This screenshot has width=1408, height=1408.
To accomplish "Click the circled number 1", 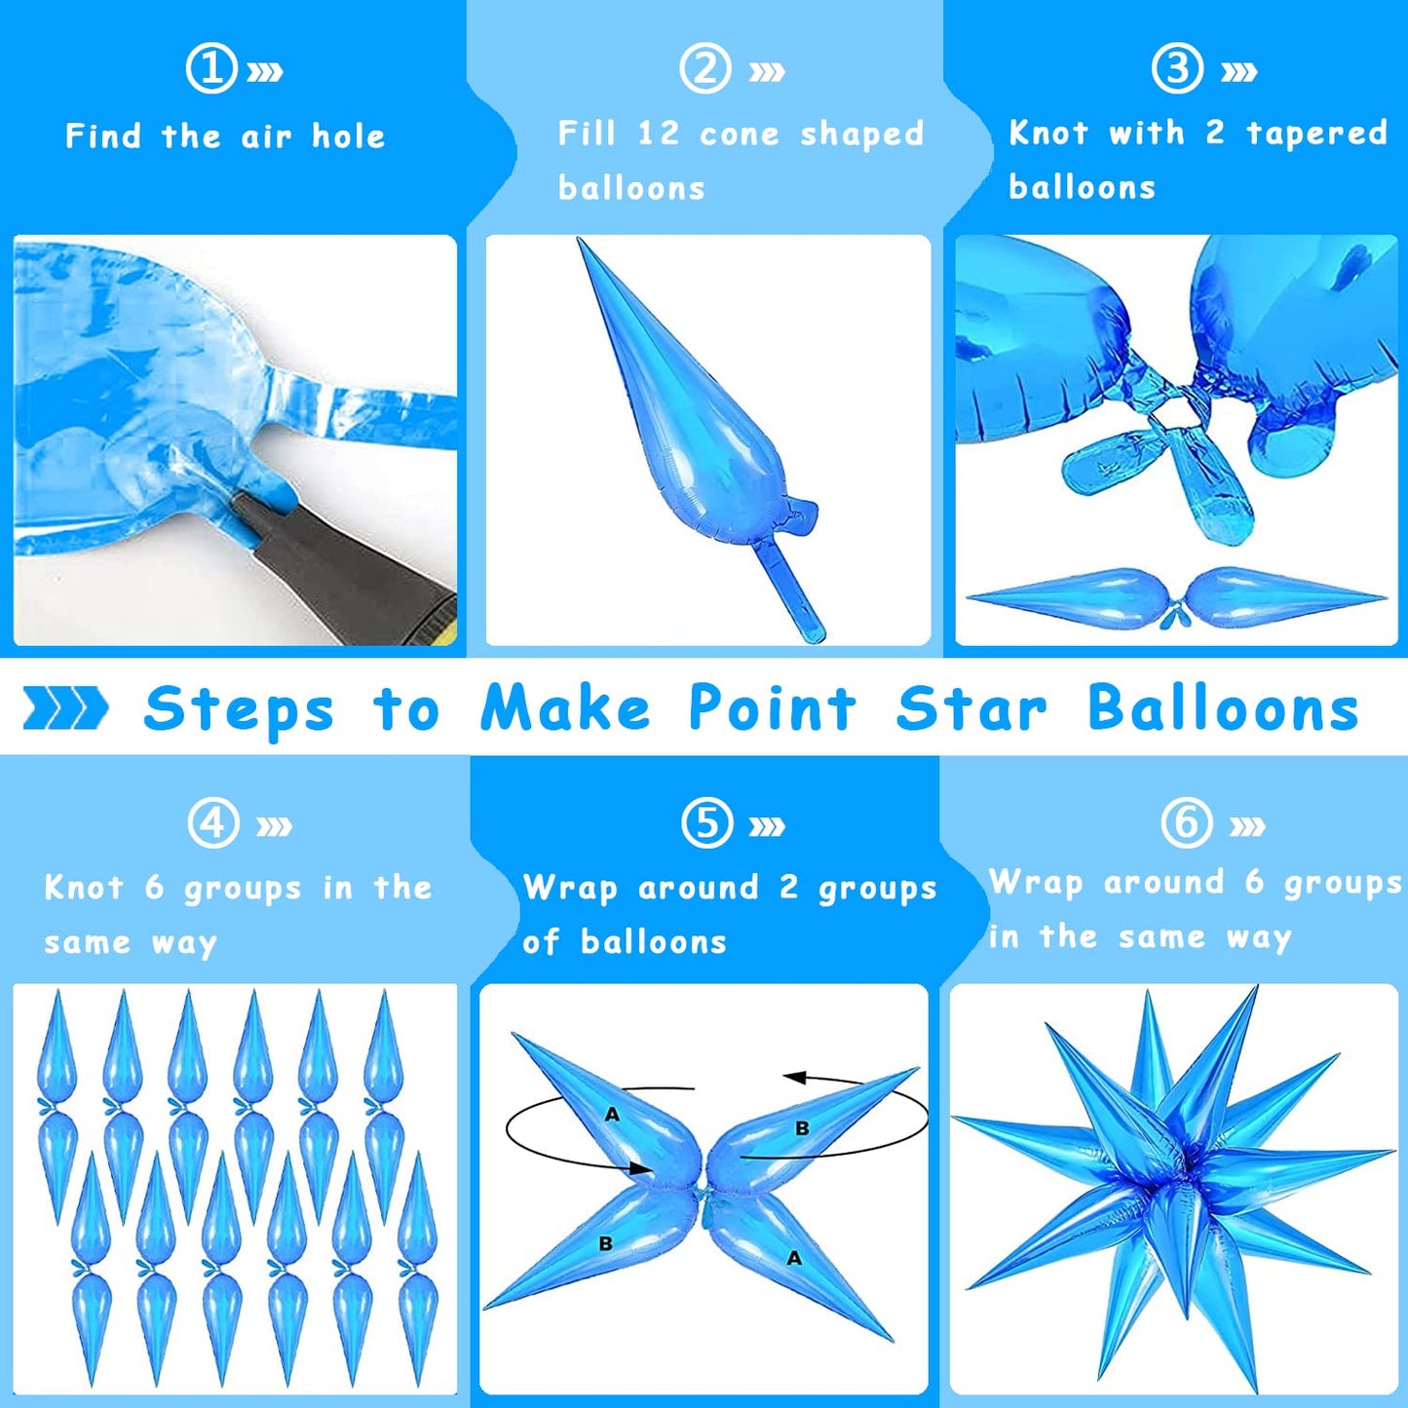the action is [211, 68].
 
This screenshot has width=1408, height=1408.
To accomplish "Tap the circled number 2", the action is [705, 68].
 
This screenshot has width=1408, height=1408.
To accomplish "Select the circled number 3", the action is [1177, 68].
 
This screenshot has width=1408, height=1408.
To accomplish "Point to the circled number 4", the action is [213, 822].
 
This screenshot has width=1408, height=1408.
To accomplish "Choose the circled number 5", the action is [706, 822].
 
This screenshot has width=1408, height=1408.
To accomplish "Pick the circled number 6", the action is [1187, 822].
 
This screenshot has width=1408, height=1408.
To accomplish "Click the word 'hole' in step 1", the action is [349, 136].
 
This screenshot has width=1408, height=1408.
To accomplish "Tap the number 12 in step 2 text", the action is [659, 133].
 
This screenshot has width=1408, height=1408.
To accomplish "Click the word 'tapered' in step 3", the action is [1316, 133].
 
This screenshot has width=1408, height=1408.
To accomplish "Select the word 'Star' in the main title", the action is [971, 707].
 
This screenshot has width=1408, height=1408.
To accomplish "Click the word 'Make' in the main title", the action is [565, 707].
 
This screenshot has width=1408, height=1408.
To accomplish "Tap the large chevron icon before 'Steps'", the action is [65, 707].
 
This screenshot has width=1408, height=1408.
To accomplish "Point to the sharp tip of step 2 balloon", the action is [580, 240].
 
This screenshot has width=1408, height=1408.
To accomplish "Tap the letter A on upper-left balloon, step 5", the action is [612, 1115].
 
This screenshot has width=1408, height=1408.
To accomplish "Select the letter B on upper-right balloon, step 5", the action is [802, 1129].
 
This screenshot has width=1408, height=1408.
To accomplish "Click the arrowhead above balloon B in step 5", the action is [795, 1078].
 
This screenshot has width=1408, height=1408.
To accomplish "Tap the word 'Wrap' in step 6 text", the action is [1036, 882].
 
